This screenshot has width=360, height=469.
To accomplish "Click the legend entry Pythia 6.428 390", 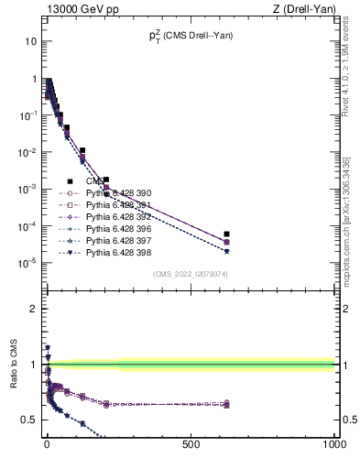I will click(117, 193).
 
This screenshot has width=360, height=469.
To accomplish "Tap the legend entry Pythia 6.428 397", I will click(117, 239).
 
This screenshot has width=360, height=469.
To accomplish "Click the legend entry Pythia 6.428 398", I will click(117, 251).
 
